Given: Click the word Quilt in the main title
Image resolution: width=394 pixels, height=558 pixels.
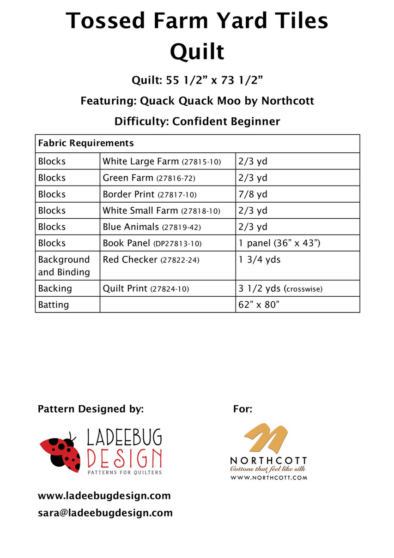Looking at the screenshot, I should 197,51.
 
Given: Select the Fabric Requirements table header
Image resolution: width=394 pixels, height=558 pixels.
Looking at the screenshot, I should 86,143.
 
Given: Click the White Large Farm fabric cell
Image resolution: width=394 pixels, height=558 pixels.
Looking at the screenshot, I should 162,162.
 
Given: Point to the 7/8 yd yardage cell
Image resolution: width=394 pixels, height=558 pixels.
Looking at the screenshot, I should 253,194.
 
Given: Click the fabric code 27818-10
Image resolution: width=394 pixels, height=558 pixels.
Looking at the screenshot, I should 200,211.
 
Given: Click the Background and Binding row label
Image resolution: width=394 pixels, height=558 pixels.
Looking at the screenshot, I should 64,266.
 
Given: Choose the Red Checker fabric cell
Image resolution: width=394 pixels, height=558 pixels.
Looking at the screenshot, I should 151,260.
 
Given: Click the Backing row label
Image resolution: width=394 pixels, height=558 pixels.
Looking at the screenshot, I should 55,288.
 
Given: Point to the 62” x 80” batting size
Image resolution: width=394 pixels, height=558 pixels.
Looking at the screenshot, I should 259,305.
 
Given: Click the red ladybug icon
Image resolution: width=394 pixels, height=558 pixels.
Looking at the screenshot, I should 61,451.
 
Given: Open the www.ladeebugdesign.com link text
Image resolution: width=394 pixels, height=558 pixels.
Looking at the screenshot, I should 104,496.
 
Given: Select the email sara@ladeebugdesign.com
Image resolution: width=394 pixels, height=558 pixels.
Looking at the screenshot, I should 105,512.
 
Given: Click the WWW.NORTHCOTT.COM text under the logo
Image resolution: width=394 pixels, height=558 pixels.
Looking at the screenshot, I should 269,478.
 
